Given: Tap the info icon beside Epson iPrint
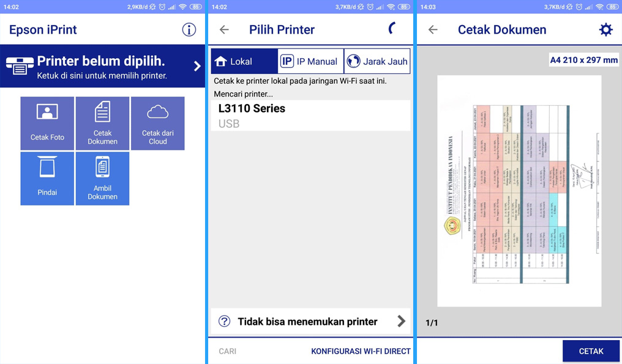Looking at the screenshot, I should [x=189, y=29].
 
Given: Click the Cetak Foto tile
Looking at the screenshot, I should [x=47, y=123].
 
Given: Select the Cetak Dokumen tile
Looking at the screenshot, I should [x=102, y=123].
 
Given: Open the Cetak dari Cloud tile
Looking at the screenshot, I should [x=157, y=123].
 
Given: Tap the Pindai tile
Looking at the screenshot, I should [x=47, y=178].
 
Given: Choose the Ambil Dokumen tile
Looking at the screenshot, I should [x=102, y=178].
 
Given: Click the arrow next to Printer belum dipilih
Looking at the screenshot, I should [x=197, y=66].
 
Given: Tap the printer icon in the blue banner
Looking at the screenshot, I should [x=20, y=66].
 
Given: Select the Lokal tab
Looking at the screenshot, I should [x=244, y=61].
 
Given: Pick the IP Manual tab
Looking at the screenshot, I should [x=310, y=61].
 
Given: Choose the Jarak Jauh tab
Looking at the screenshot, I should [x=377, y=61].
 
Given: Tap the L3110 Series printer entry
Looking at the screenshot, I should [x=310, y=115].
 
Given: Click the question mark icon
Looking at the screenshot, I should [x=225, y=321].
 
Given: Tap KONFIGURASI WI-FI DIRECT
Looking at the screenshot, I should [x=361, y=351].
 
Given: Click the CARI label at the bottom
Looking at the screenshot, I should [x=228, y=351].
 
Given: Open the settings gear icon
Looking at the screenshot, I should [x=605, y=29].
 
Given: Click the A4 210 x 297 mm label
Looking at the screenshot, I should [x=583, y=60].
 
